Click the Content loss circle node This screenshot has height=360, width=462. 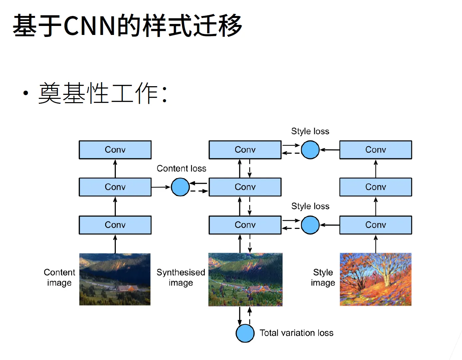click(180, 187)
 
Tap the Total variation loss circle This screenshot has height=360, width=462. click(245, 333)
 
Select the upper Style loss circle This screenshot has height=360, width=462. click(310, 150)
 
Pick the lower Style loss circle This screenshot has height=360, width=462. click(310, 225)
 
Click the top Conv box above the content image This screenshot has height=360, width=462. click(115, 150)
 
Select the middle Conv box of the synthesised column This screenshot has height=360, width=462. click(245, 187)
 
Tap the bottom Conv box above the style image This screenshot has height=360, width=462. click(375, 225)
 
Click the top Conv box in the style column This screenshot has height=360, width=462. click(375, 150)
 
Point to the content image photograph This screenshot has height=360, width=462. click(115, 279)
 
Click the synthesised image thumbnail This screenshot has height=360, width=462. click(245, 279)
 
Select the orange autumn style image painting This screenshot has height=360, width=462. click(375, 279)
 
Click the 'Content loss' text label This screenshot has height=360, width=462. click(181, 169)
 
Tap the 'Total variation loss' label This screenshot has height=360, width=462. click(296, 333)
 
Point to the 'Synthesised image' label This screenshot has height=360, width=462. click(181, 277)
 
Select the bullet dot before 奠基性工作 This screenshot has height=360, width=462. click(26, 93)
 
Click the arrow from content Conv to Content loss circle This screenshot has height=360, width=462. click(161, 187)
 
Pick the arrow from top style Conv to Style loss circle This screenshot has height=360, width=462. click(330, 150)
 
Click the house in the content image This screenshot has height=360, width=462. click(127, 288)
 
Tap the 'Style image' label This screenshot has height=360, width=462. click(323, 277)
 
